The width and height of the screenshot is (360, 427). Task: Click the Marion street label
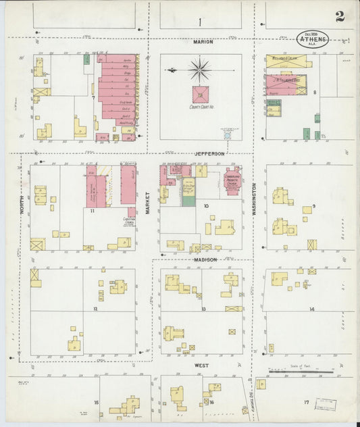pos(203,42)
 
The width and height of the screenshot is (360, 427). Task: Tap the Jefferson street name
pos(209,153)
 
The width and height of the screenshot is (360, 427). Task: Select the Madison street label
pos(206,259)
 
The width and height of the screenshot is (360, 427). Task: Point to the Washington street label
pos(255,199)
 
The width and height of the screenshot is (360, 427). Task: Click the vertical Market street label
pos(147,203)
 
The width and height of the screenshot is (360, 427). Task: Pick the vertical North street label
pos(22,203)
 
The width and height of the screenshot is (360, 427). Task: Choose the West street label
pos(201,365)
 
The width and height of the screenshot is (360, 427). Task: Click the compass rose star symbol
pos(200,69)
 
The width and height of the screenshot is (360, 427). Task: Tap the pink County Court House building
pos(201,94)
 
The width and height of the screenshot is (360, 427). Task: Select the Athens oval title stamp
pos(313,39)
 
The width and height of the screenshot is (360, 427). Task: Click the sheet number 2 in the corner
pos(340,16)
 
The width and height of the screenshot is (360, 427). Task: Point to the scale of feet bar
pos(301,371)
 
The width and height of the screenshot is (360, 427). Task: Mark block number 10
pos(206,205)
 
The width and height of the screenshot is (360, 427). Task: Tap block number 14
pos(311,309)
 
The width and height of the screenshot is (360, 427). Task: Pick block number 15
pos(97,402)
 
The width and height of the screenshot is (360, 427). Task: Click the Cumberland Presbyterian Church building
pos(233,179)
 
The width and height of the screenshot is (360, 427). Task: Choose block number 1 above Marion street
pos(200,22)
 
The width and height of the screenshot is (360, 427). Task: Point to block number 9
pos(313,205)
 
